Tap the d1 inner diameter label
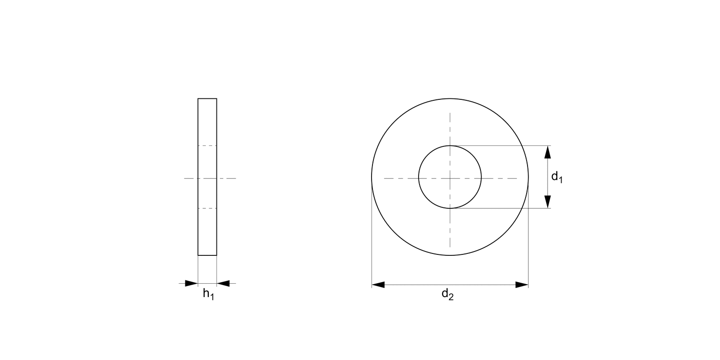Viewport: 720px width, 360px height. coord(557,177)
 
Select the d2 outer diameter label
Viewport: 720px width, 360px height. coord(447,295)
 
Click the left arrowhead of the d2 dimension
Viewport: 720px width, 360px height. coord(378,285)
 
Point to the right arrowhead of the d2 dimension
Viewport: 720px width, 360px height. coord(522,285)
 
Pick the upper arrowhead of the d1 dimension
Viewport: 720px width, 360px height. coord(548,152)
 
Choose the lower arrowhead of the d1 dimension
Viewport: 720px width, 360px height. coord(548,202)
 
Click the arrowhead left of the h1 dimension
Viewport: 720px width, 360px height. coord(191,283)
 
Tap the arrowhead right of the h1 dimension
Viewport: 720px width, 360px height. coord(223,283)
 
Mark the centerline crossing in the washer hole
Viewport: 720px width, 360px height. coord(450,178)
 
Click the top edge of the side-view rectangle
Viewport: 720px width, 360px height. coord(207,98)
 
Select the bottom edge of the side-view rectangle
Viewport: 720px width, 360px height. coord(207,255)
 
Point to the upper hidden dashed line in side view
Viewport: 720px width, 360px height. coord(207,145)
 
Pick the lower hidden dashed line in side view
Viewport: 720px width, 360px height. coord(207,208)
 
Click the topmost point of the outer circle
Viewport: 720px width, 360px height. coord(450,99)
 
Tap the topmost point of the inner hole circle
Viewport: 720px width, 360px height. coord(450,145)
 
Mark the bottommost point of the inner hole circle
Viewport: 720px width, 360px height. coord(450,208)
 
